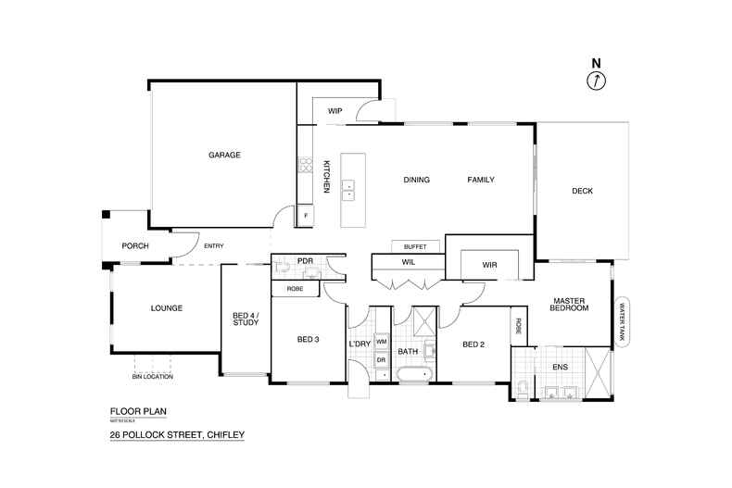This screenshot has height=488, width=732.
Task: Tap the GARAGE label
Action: [224, 155]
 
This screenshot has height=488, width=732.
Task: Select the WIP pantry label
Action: [335, 111]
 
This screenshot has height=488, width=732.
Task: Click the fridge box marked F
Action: [306, 216]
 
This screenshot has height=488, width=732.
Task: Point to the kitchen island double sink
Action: [348, 190]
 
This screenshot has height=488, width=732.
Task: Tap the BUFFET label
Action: [415, 246]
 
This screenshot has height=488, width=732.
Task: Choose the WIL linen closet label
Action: [408, 262]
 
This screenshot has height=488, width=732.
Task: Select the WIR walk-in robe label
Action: [490, 265]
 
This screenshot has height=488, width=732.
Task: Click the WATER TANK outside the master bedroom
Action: [623, 321]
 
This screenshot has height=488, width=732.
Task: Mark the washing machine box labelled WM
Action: [381, 343]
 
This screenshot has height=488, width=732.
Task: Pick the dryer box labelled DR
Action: [381, 359]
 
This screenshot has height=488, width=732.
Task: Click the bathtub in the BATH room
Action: [413, 375]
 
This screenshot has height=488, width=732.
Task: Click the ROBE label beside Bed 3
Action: [296, 289]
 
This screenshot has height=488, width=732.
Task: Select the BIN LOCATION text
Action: [152, 377]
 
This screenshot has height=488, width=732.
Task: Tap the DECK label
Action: [582, 191]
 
